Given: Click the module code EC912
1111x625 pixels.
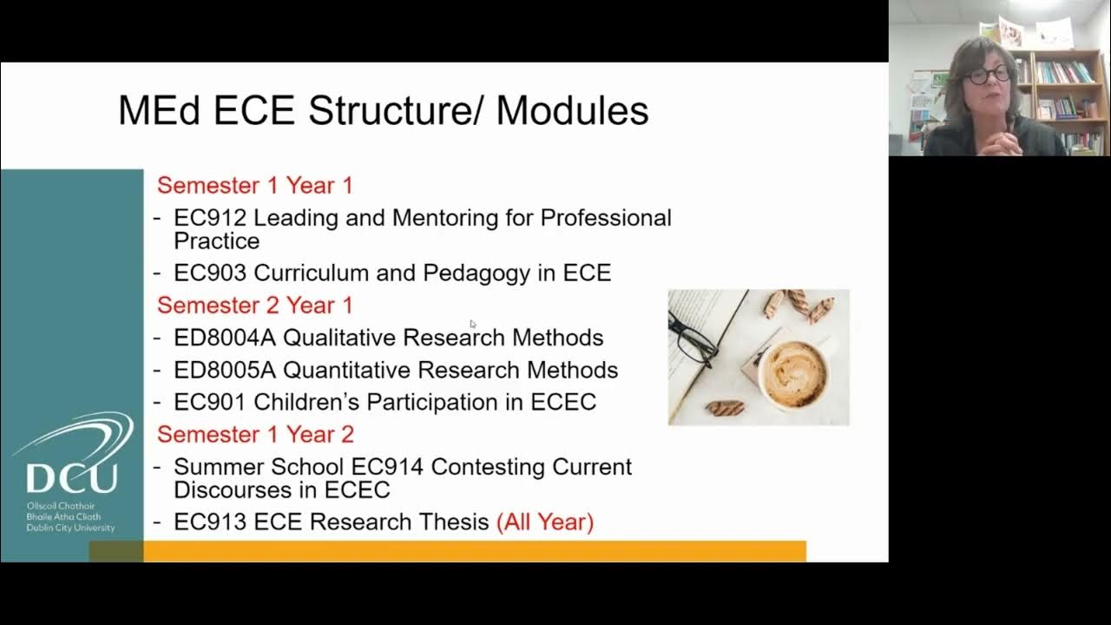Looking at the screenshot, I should tap(210, 217).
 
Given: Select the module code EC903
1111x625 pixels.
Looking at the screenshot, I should tap(210, 273).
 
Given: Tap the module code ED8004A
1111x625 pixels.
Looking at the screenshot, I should tap(225, 337).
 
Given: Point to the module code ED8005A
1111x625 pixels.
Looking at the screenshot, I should tap(225, 370).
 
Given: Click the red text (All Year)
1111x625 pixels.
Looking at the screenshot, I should tap(544, 522).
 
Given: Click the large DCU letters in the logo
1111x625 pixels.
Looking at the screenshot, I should tap(71, 478).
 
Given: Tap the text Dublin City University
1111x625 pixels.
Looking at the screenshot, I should tap(70, 528).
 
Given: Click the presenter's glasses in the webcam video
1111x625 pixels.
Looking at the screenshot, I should tap(989, 75).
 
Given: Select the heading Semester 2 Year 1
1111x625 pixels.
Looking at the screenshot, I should tap(254, 305).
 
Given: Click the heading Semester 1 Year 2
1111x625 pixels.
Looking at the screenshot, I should tap(254, 434).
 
